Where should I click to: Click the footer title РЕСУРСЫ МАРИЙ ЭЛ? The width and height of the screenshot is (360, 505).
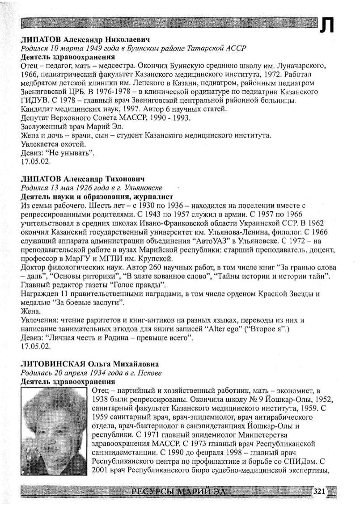pyautogui.click(x=178, y=492)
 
